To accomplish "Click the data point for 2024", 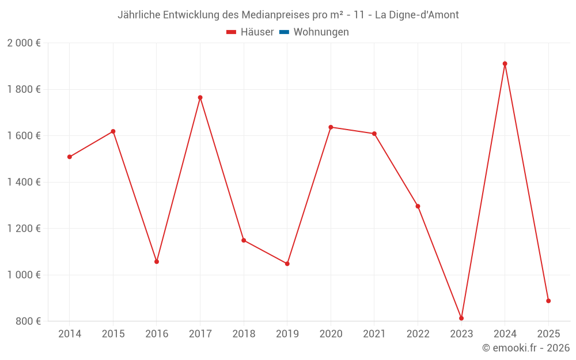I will click(x=505, y=64).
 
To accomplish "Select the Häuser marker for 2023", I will click(x=461, y=318).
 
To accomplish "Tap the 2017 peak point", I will click(x=200, y=97).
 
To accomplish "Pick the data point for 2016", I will click(x=157, y=262).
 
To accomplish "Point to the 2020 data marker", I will click(x=331, y=127).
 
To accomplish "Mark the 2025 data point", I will click(x=548, y=301).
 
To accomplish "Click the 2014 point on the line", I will click(x=70, y=157).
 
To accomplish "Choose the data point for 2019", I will click(x=287, y=264).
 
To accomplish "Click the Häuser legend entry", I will click(x=250, y=32).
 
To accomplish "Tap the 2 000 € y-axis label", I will click(x=24, y=43).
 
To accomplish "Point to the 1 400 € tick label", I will click(x=24, y=182).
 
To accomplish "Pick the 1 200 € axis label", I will click(x=24, y=229).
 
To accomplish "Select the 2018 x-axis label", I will click(x=244, y=334).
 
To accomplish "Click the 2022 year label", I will click(x=418, y=334).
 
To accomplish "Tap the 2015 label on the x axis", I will click(x=113, y=334).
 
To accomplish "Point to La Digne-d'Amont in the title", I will click(x=416, y=15).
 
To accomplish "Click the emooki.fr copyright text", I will click(x=525, y=348).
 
